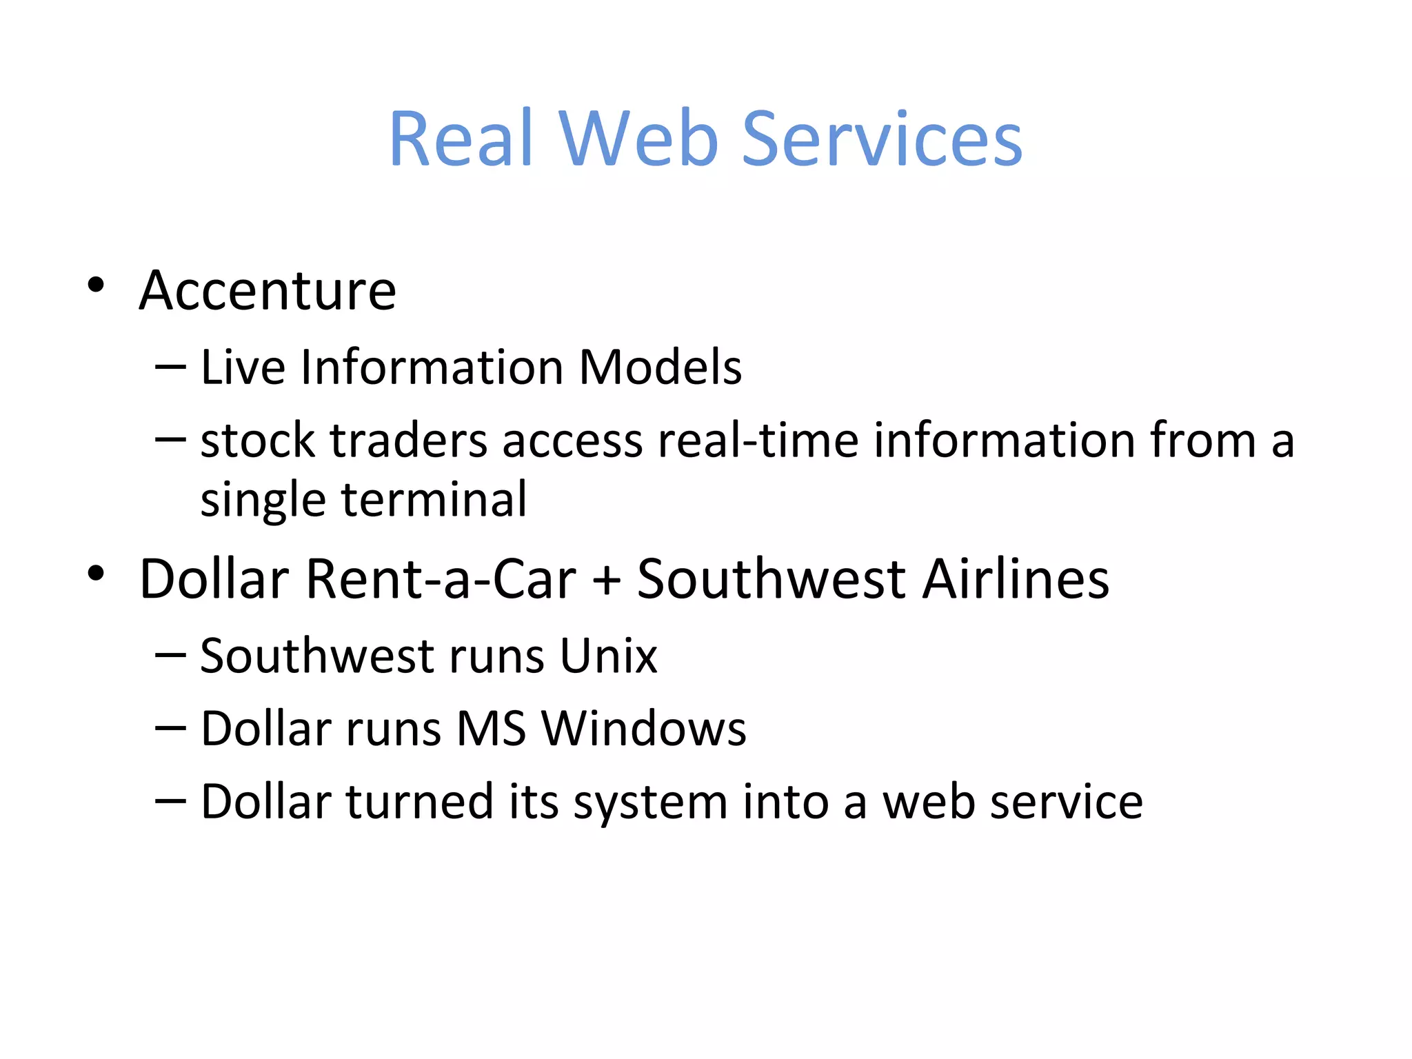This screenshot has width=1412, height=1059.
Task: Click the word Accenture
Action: coord(268,290)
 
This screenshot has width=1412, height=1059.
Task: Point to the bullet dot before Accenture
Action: coord(96,285)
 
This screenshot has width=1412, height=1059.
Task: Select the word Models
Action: coord(660,367)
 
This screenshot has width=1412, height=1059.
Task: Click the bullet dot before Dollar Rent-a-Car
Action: coord(96,573)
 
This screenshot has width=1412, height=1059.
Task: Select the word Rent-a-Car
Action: coord(441,578)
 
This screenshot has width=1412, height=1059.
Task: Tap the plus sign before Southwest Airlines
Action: coord(607,580)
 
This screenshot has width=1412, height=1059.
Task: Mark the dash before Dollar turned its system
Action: coord(170,801)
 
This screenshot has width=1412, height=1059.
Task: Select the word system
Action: coord(650,803)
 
